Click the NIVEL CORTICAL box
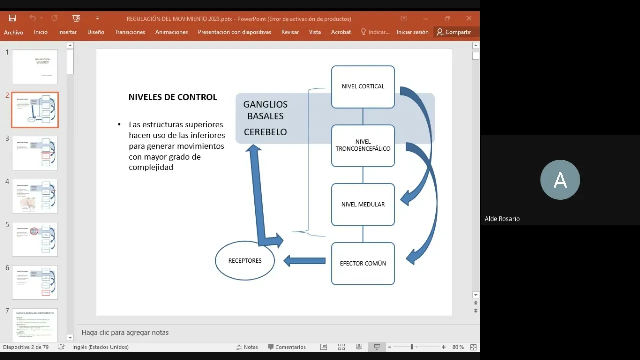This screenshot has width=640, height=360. (x=363, y=87)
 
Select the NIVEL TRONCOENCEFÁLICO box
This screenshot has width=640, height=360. (x=363, y=145)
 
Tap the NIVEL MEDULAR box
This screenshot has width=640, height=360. (x=363, y=204)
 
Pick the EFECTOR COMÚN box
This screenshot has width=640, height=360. (x=363, y=263)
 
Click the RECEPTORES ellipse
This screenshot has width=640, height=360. (x=245, y=261)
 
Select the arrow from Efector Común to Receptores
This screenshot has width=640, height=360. (x=304, y=261)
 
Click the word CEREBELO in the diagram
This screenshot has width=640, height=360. (x=265, y=132)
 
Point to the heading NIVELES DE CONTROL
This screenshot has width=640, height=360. (x=173, y=97)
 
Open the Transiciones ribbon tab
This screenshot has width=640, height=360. (x=130, y=32)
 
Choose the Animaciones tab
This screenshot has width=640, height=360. (x=171, y=32)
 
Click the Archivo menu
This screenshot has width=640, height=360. (x=14, y=32)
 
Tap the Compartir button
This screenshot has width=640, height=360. (x=454, y=32)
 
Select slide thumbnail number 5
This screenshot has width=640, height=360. (x=35, y=239)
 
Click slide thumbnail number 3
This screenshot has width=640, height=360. (x=35, y=153)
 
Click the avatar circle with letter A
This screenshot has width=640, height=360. (x=560, y=180)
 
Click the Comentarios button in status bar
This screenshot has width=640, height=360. (x=287, y=347)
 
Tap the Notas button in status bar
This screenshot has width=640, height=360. (x=247, y=347)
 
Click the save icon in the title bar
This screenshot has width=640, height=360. (x=12, y=18)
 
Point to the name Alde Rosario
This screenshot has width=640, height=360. (x=502, y=219)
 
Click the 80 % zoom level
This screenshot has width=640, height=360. (x=458, y=347)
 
